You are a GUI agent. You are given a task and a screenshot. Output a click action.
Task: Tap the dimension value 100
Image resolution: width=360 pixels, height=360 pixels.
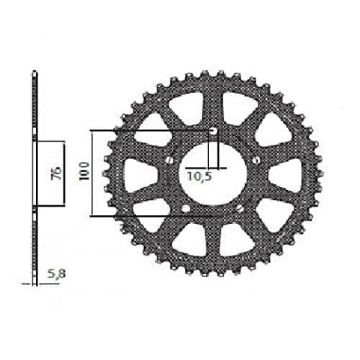(x=84, y=172)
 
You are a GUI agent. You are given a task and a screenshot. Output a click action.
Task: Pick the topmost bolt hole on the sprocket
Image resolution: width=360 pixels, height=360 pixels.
(x=213, y=130)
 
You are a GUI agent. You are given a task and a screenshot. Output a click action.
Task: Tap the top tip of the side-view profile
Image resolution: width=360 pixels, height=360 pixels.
(x=34, y=72)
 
